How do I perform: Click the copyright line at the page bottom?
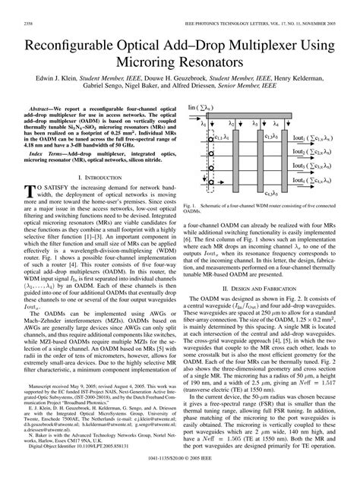[x=179, y=472]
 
